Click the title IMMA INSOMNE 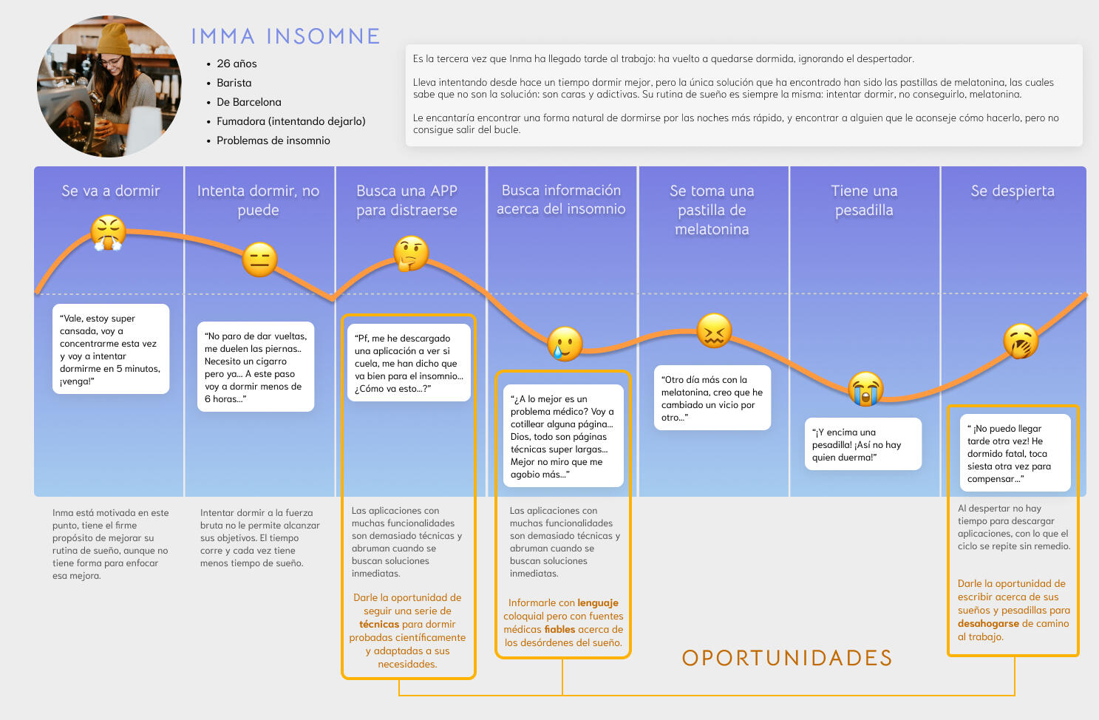point(285,36)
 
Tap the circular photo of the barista point(109,86)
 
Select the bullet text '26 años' point(237,64)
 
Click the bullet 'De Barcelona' point(248,102)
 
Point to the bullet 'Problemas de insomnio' point(273,140)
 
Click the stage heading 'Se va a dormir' point(111,191)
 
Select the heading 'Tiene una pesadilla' point(864,200)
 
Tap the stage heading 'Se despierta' point(1013,191)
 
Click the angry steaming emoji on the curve point(108,233)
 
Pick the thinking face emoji point(411,253)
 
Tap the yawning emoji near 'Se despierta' point(1021,342)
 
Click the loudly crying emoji point(865,389)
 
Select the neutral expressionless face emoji point(259,259)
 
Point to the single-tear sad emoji point(565,343)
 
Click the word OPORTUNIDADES point(787,658)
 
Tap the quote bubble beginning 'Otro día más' point(712,398)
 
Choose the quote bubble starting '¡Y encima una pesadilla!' point(862,444)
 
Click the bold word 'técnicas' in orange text point(378,624)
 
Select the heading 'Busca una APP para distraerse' point(407,200)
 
